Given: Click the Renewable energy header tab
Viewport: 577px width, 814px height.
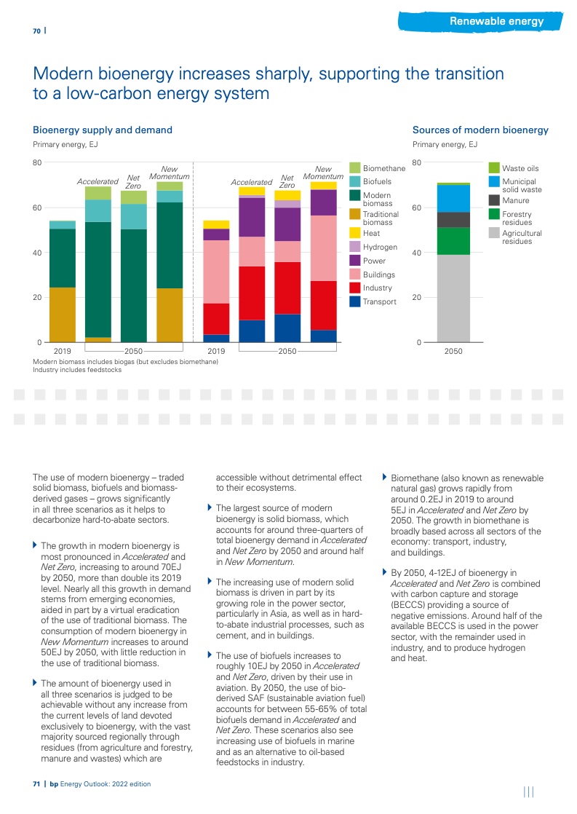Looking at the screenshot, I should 496,21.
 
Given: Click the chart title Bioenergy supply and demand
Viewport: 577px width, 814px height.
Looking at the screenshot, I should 103,130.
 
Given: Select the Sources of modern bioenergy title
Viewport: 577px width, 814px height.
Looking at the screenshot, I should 480,130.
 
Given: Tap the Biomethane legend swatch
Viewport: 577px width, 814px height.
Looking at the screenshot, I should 355,168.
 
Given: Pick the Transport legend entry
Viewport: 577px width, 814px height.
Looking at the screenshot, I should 379,301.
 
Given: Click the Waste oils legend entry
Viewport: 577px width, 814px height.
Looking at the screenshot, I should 520,168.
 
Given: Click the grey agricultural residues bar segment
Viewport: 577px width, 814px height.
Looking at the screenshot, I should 453,298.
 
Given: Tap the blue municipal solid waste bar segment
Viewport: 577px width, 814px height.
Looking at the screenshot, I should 453,198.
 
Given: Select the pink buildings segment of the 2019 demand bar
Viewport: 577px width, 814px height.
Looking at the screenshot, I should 216,272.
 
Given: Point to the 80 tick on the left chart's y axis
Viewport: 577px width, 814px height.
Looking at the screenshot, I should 37,162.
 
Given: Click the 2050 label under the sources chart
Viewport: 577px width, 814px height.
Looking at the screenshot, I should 453,351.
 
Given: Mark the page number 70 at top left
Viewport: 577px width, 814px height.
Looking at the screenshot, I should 36,31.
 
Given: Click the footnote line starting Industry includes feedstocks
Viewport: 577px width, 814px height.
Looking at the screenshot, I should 77,370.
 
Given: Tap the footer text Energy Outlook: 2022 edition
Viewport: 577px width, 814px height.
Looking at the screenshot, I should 105,784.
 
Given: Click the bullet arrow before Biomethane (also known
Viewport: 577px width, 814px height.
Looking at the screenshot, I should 385,478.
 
